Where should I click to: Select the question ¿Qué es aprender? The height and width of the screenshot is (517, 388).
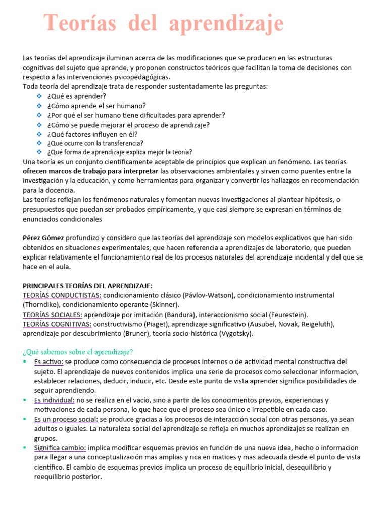(76, 96)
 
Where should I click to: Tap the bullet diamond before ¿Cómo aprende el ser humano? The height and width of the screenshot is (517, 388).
(40, 106)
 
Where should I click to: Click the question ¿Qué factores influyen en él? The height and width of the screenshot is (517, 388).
(92, 134)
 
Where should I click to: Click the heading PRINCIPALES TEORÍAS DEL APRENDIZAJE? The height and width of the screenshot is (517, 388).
(87, 286)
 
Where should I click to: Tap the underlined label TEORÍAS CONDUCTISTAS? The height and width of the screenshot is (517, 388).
(62, 295)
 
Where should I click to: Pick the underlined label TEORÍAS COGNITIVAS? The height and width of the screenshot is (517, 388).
(57, 324)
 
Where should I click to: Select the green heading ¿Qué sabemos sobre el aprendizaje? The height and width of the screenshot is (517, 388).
(78, 352)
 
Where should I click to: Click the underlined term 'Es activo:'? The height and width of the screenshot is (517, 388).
(48, 361)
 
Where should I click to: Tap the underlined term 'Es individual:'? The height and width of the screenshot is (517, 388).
(55, 400)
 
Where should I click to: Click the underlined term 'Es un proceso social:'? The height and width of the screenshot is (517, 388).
(66, 419)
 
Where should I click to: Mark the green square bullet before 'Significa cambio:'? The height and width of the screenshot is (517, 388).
(25, 447)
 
